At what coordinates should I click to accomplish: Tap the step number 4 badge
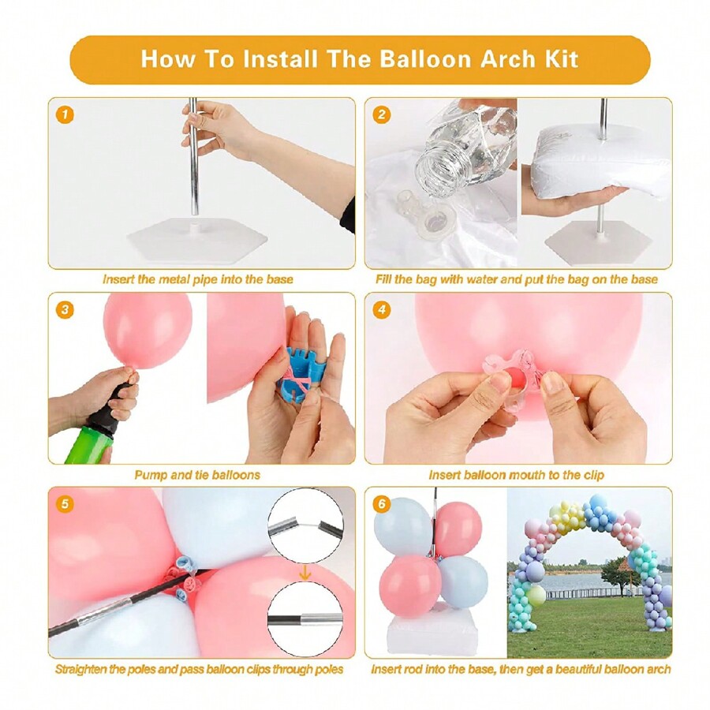382,310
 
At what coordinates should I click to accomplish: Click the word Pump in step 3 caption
151,475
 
